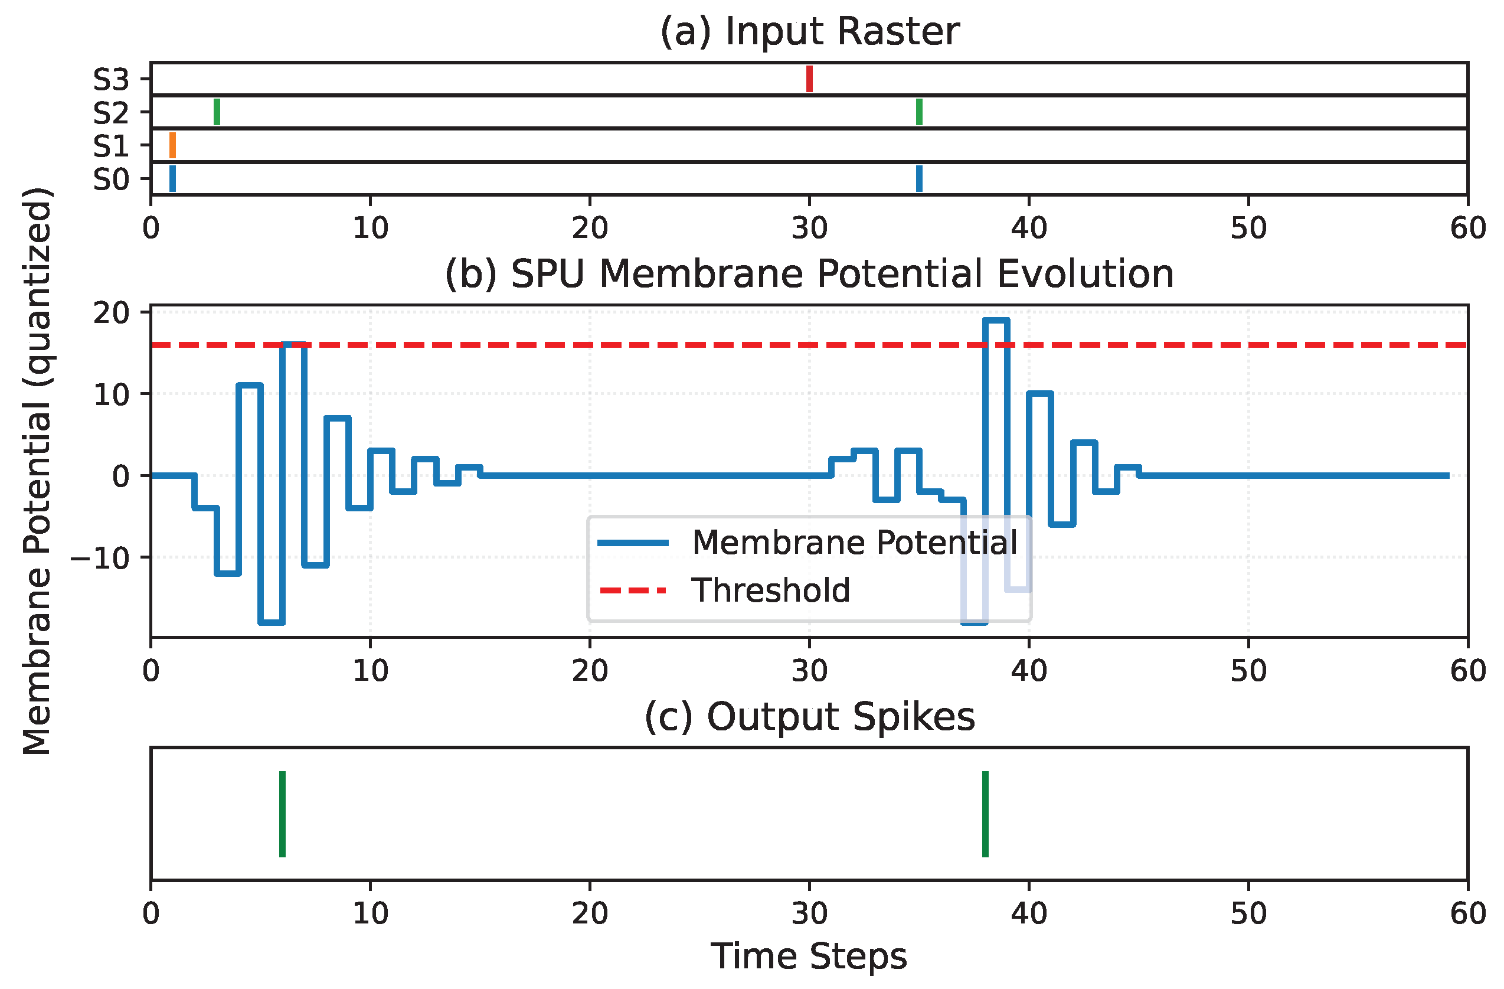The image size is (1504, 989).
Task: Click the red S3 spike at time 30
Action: pos(809,79)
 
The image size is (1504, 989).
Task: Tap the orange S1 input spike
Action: pos(172,145)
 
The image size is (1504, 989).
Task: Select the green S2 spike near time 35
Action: pos(920,112)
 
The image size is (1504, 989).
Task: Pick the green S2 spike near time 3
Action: pos(217,112)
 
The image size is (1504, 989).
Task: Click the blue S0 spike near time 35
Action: pos(920,178)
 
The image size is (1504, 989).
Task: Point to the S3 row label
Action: pos(111,80)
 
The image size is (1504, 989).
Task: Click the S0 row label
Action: pos(111,180)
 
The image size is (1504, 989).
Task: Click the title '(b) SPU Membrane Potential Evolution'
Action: pos(809,275)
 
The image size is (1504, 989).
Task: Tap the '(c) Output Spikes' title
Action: pos(809,717)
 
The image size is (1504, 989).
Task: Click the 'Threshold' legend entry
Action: pos(770,590)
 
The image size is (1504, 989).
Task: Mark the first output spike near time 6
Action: pos(283,814)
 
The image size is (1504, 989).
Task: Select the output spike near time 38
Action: pos(985,814)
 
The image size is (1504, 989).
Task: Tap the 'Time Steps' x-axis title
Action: pos(809,956)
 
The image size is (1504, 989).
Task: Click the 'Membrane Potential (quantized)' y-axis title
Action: pos(37,471)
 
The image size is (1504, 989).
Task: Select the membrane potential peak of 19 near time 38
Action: pos(996,321)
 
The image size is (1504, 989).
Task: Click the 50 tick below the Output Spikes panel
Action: pos(1248,914)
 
